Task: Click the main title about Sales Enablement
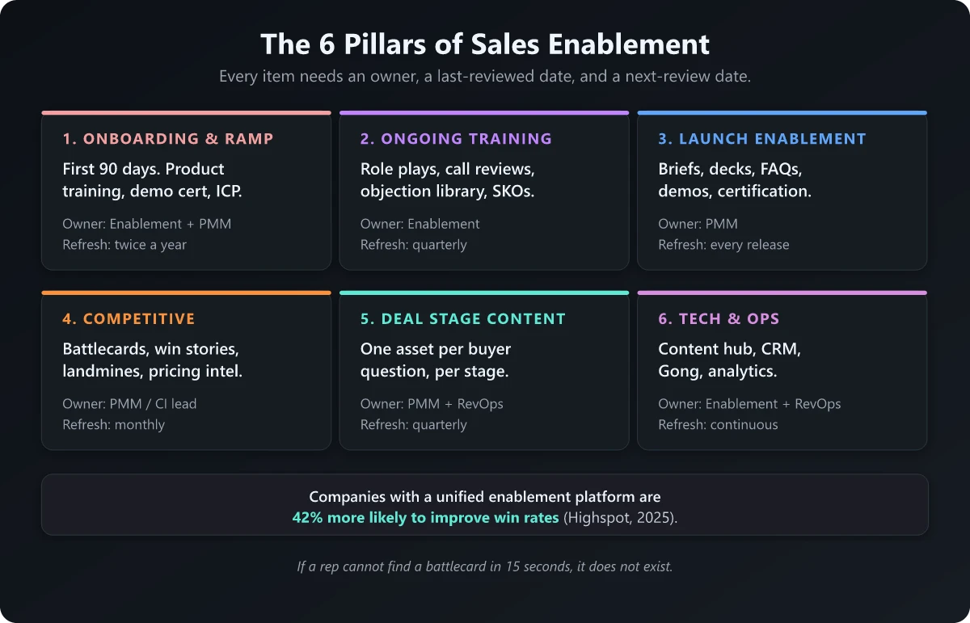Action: pyautogui.click(x=484, y=44)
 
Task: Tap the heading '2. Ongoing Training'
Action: pyautogui.click(x=456, y=139)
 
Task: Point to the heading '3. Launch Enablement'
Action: pyautogui.click(x=761, y=139)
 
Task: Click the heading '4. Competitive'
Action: pyautogui.click(x=129, y=318)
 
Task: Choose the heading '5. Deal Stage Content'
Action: pyautogui.click(x=462, y=318)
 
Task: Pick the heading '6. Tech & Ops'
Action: pyautogui.click(x=719, y=318)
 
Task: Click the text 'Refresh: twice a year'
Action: pyautogui.click(x=124, y=245)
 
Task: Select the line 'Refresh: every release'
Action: pyautogui.click(x=723, y=245)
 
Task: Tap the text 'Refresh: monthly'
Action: pyautogui.click(x=113, y=424)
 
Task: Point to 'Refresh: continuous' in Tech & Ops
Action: pyautogui.click(x=718, y=424)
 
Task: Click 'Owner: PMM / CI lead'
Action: pyautogui.click(x=129, y=403)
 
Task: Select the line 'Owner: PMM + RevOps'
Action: pyautogui.click(x=432, y=403)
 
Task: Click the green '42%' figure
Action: pyautogui.click(x=307, y=517)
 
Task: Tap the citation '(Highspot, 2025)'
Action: pyautogui.click(x=619, y=517)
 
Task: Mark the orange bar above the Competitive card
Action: pyautogui.click(x=186, y=293)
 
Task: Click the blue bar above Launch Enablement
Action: pyautogui.click(x=782, y=113)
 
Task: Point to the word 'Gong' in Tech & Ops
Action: pyautogui.click(x=677, y=372)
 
